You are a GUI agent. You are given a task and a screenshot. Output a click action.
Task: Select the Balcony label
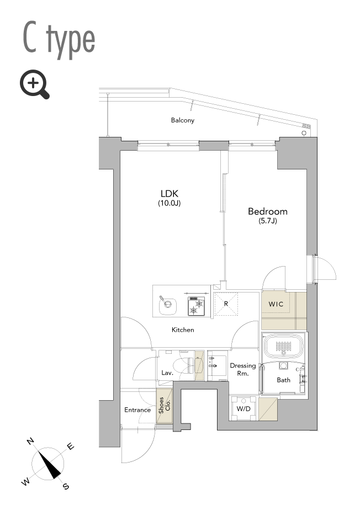pos(183,120)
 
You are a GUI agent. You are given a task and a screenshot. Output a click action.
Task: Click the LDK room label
pos(170,194)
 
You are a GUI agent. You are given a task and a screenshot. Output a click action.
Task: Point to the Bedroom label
pos(268,211)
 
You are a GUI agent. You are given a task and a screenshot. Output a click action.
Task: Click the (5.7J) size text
pos(268,221)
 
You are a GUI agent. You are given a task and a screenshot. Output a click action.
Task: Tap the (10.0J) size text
pos(170,203)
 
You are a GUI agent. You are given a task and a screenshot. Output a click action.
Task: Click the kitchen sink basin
pos(168,305)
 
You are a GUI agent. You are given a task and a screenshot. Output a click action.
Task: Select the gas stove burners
pos(196,306)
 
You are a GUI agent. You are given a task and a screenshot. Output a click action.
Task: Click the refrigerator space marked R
pos(226,304)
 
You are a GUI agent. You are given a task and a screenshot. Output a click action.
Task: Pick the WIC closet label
pos(276,305)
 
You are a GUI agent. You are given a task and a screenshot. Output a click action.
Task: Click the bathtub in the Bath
pos(283,346)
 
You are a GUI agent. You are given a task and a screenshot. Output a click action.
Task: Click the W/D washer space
pos(243,408)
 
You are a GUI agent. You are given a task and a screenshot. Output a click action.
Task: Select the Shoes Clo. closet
pos(165,406)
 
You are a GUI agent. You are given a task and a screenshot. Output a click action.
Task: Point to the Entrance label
pos(137,410)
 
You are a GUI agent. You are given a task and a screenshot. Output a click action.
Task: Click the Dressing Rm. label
pos(243,369)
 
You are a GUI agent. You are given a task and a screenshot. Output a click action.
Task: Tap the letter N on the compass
pos(30,442)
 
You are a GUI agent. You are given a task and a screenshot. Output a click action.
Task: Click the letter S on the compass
pos(66,486)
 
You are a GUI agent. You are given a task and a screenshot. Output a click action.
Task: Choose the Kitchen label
pos(183,330)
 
